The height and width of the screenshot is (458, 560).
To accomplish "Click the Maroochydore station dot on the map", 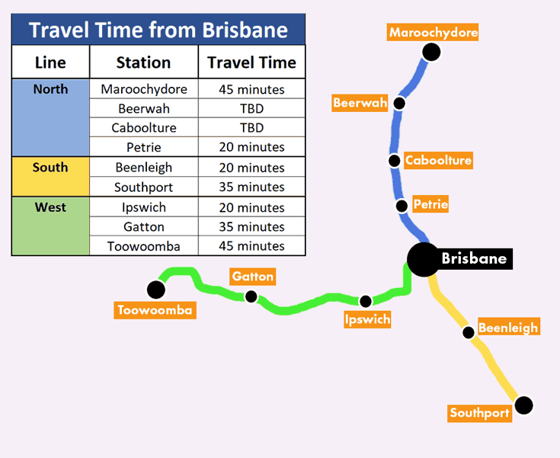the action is point(431,52).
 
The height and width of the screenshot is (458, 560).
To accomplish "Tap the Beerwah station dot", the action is point(399,103).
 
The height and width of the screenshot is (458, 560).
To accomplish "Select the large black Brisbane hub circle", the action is point(424,260).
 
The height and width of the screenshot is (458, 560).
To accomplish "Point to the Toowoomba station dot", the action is point(156,290).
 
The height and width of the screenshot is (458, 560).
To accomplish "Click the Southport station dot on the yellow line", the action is point(524,405).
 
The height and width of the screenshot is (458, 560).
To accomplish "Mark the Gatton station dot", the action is point(251,296).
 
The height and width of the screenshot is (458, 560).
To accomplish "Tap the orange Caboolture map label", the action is point(438,160).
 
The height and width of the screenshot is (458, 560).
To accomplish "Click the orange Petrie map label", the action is point(430,204).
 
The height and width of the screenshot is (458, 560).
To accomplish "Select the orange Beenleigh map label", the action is point(508,326).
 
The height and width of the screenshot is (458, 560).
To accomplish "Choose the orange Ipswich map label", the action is point(367,319).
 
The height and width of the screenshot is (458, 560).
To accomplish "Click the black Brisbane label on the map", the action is point(474,258).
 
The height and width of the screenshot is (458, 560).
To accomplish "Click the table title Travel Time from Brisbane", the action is point(158,30).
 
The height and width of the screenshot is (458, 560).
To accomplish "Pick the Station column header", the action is point(143,62).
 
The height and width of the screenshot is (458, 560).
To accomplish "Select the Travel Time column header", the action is point(251,62).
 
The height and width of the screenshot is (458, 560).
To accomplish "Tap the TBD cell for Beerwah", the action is point(251,109).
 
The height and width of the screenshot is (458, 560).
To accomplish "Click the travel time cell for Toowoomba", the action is point(251,246).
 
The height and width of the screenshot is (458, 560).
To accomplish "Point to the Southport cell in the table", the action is point(143,187).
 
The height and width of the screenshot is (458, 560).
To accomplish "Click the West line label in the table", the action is point(50,207).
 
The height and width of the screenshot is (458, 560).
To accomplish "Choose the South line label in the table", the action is point(50,167).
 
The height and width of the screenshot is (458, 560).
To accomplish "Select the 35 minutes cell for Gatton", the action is point(251,226).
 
